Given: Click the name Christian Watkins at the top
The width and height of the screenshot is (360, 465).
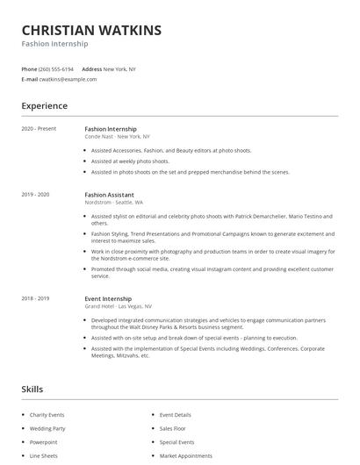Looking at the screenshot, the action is [x=91, y=30].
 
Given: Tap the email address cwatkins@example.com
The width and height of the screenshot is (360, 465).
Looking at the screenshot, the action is [x=68, y=79].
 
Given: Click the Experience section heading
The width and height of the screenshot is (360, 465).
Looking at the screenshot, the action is [x=45, y=106].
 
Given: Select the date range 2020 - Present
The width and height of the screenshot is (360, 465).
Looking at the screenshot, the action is [x=39, y=129].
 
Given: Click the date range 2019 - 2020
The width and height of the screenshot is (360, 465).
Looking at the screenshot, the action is [x=36, y=194].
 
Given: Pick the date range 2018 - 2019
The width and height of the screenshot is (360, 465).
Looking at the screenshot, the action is [x=36, y=298].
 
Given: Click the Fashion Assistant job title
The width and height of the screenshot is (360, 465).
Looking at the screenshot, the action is [x=109, y=194].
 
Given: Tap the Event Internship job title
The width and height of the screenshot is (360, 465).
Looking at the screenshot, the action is [x=109, y=298].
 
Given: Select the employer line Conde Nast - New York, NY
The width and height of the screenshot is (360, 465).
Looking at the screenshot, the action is [x=118, y=137].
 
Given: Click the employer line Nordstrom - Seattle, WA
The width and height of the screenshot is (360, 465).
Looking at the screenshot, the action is [x=113, y=202].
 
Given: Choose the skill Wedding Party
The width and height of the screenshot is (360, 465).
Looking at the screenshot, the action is [x=48, y=428].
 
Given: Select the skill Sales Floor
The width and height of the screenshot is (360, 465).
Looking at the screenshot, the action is [x=174, y=428].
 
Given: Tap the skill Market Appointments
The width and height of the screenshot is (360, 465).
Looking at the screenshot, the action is [x=184, y=456].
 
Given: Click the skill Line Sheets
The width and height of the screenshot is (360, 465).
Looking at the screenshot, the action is [x=44, y=456].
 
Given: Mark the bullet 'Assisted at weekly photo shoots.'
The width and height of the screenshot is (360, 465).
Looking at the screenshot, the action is [x=130, y=161].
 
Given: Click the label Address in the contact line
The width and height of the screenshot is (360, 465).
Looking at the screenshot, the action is [x=91, y=68].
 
